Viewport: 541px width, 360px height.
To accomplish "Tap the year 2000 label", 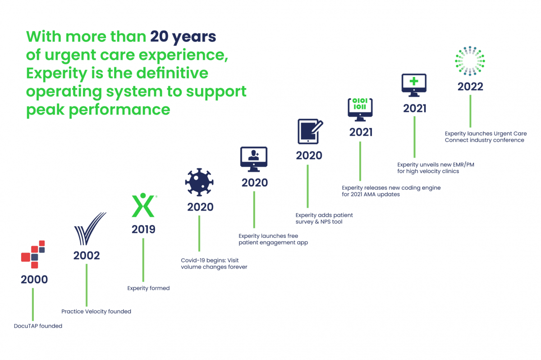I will point(34,279).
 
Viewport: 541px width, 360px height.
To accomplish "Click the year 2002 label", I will point(87,255).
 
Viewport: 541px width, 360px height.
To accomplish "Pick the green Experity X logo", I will point(143,205).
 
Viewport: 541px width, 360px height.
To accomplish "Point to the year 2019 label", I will point(143,229).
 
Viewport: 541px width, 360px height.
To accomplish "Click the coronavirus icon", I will point(199,182).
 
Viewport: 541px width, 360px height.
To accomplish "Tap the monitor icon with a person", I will point(254,159).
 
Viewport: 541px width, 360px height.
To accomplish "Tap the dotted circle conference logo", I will point(470,60).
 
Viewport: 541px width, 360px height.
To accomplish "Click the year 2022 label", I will point(470,86).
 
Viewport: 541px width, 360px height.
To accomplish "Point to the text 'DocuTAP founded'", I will point(38,326).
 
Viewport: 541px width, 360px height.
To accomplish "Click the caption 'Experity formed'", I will point(148,288).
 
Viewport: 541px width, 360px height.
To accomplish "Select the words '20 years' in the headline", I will point(183,37).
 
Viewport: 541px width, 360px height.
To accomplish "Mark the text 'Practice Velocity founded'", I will point(96,311).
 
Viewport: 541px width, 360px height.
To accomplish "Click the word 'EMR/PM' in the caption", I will point(462,164).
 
